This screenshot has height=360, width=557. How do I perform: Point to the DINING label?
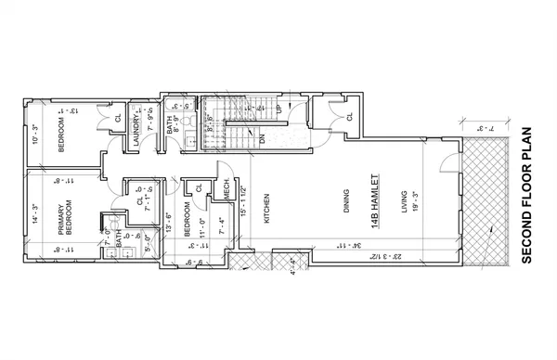point(345,202)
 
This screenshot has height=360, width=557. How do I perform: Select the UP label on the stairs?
point(279,109)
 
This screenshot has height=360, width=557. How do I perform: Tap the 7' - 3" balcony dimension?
point(490,127)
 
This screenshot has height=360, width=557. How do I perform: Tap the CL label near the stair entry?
point(349,117)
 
